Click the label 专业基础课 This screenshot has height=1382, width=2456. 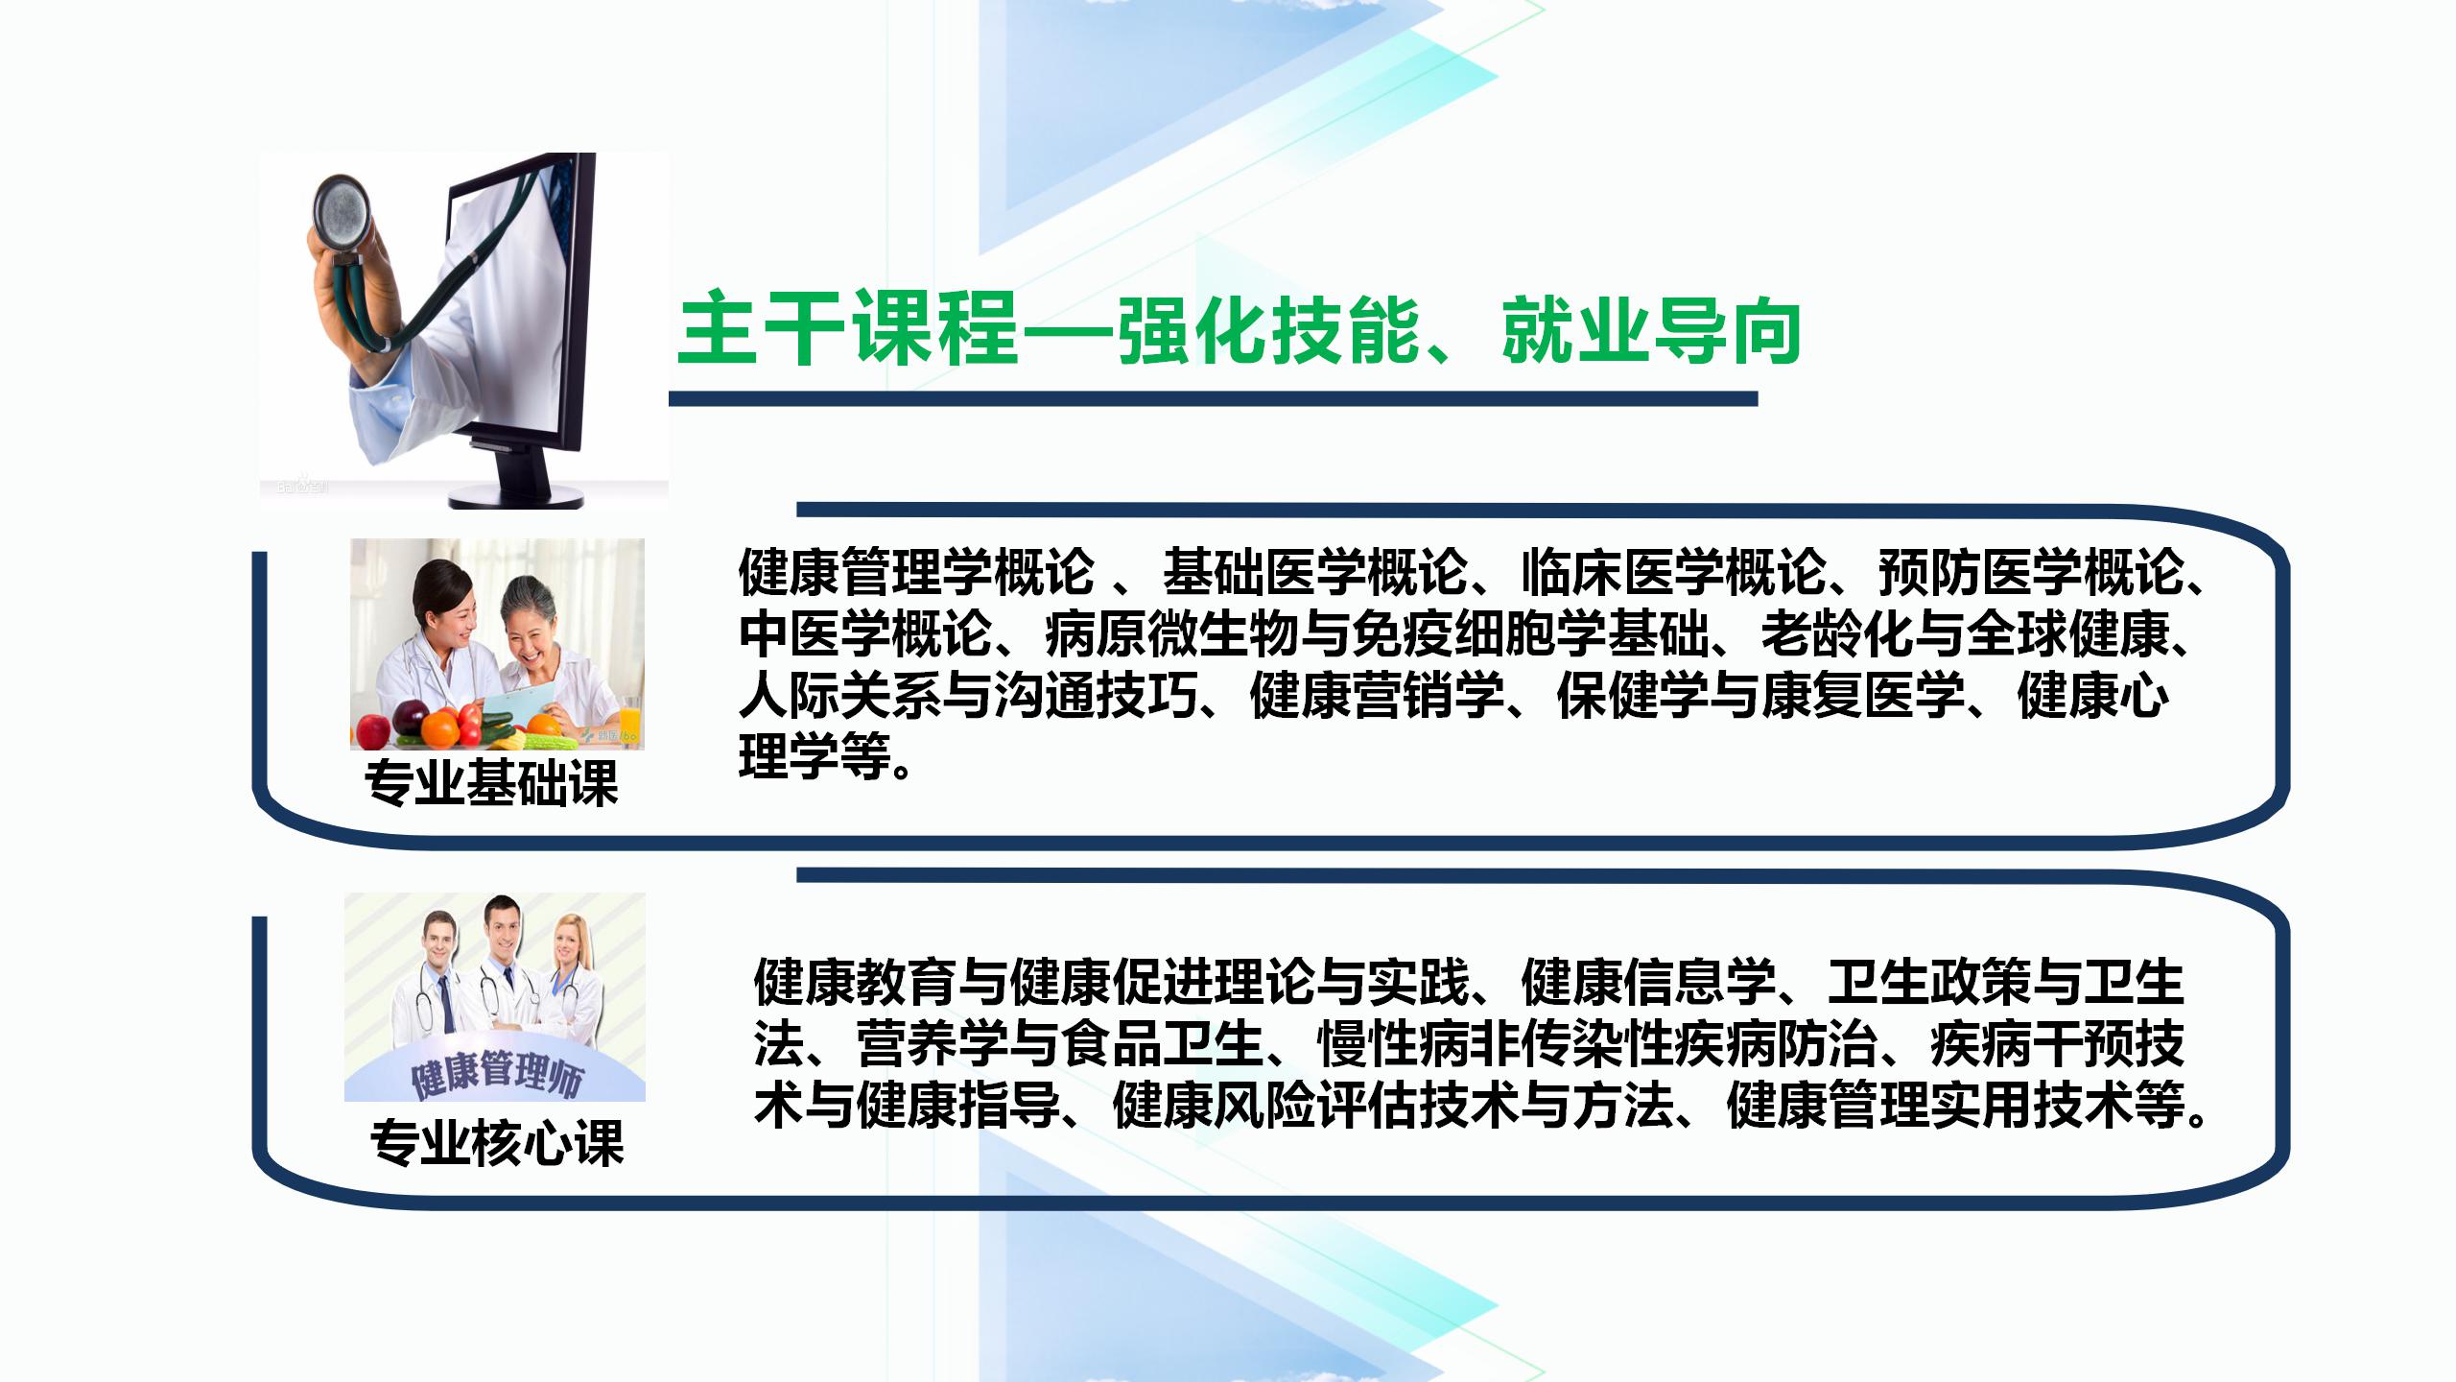pos(492,783)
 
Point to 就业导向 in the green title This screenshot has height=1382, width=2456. pos(1650,331)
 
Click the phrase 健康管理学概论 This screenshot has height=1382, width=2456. pos(916,572)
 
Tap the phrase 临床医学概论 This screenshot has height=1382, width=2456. pos(1673,572)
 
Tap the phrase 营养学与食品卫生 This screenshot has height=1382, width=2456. pos(1060,1043)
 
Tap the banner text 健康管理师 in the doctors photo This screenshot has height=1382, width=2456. pos(496,1074)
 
